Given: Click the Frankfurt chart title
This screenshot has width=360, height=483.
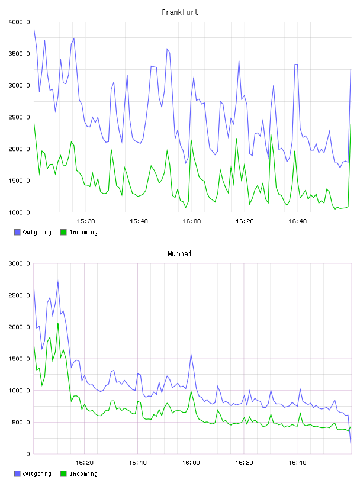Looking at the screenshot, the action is (180, 12).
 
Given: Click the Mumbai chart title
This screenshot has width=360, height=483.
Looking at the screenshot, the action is (179, 253).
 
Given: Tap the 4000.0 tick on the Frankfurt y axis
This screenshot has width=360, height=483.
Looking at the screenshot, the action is (19, 22).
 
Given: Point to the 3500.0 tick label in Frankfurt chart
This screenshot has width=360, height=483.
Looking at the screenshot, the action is (19, 54).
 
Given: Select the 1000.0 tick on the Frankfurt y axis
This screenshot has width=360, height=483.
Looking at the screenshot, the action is (19, 212).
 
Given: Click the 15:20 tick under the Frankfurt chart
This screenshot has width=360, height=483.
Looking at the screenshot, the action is (86, 221).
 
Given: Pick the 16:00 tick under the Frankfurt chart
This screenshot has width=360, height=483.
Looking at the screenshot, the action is (192, 221).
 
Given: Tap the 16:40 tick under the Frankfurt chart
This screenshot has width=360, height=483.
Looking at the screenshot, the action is (298, 221).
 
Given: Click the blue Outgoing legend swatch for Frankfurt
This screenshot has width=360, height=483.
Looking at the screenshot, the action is (17, 232).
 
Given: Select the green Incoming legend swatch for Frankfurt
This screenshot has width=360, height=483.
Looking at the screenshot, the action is (63, 232).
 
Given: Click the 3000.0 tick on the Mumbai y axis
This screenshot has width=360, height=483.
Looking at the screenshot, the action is (19, 263).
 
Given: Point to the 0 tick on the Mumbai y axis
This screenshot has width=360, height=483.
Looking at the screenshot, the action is (28, 454).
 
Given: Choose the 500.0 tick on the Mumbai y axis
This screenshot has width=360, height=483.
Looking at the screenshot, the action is (21, 422).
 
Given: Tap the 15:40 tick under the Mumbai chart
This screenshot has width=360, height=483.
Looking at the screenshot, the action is (137, 462).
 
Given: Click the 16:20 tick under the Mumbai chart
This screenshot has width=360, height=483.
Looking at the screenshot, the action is (244, 462).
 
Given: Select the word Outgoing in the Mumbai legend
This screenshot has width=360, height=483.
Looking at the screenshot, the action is (37, 474).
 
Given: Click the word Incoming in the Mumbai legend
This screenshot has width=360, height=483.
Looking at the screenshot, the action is (83, 474).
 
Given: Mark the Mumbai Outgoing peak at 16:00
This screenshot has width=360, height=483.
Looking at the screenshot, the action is (191, 353).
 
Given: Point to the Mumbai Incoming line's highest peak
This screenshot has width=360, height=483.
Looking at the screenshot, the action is (58, 323).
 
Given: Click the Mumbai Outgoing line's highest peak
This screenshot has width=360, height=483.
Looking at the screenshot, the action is (58, 282).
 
